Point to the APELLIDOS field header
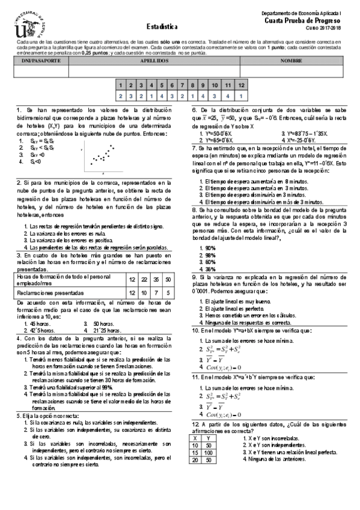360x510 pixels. [154, 61]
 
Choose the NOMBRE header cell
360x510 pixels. [290, 61]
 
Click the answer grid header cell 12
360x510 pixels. [241, 86]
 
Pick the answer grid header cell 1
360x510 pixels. [121, 86]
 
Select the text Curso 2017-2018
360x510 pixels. [322, 28]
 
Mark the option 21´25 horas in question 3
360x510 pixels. [108, 314]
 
